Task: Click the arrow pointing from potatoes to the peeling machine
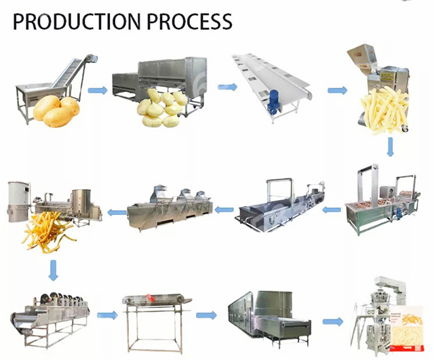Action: click(98, 90)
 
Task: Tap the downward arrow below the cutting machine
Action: click(391, 147)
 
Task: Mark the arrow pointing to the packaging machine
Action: click(332, 321)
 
